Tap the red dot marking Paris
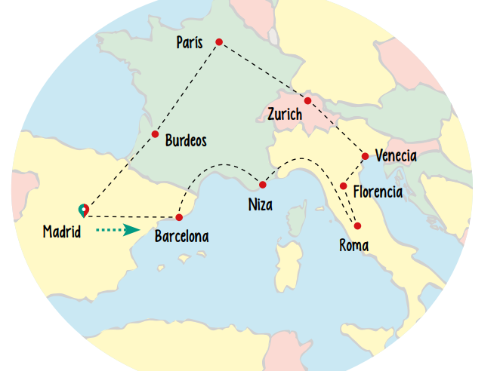(x=219, y=41)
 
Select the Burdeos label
(x=186, y=140)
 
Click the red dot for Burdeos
(x=155, y=134)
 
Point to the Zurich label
(x=285, y=115)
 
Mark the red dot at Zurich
(x=307, y=101)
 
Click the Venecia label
(x=396, y=156)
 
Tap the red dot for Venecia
(x=366, y=157)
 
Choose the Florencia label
(x=378, y=192)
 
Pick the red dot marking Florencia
(x=344, y=186)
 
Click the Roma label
(x=354, y=244)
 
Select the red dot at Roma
(x=357, y=226)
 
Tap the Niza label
(x=261, y=204)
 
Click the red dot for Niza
(x=263, y=185)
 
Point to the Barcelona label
(x=181, y=236)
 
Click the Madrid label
(x=62, y=231)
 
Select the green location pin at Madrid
(x=83, y=210)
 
